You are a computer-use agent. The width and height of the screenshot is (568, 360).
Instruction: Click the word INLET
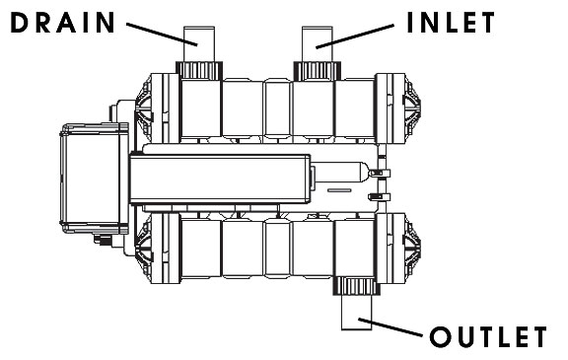[x=452, y=23]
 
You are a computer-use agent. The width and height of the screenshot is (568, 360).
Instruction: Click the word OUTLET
[x=486, y=336]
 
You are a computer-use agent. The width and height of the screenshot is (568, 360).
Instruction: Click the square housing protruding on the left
[x=94, y=181]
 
